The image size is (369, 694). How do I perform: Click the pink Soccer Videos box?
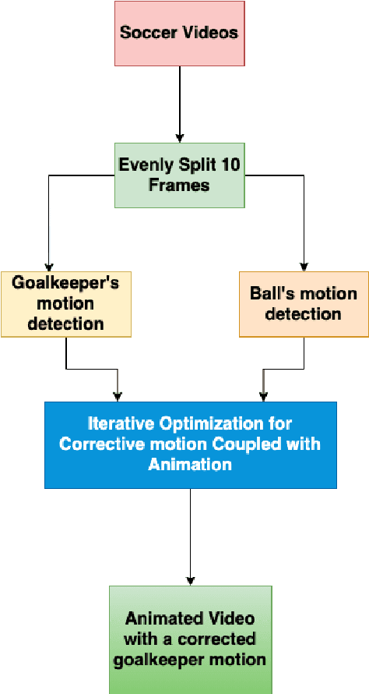pyautogui.click(x=179, y=34)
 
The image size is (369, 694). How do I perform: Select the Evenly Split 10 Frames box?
pyautogui.click(x=179, y=175)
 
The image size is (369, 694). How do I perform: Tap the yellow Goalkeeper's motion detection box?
pyautogui.click(x=65, y=304)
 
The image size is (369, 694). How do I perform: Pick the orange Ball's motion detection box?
pyautogui.click(x=304, y=304)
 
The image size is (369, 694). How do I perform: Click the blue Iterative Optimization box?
pyautogui.click(x=190, y=444)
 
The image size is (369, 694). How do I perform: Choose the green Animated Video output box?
pyautogui.click(x=190, y=639)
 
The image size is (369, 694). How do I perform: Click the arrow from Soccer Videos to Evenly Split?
pyautogui.click(x=180, y=101)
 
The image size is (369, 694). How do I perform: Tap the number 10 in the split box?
pyautogui.click(x=230, y=165)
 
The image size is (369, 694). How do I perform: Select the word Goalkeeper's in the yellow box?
pyautogui.click(x=65, y=283)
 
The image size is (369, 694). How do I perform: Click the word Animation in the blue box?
pyautogui.click(x=190, y=464)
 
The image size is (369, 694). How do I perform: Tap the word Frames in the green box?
pyautogui.click(x=179, y=186)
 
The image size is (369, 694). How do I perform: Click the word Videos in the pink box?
pyautogui.click(x=210, y=34)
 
